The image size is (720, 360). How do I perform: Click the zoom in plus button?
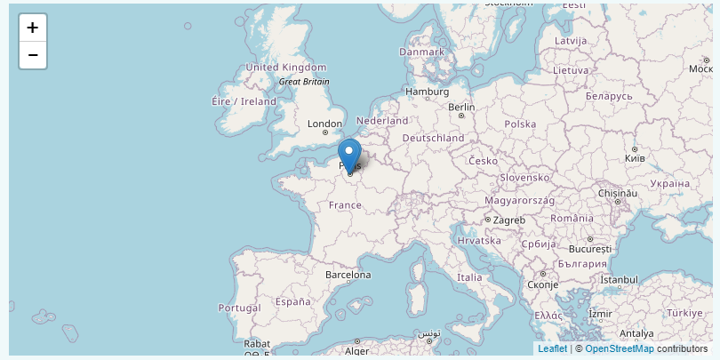click(33, 28)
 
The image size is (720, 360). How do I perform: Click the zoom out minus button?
click(33, 55)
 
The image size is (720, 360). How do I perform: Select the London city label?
click(324, 124)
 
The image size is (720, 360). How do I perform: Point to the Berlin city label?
click(462, 107)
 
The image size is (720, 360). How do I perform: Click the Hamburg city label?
click(427, 92)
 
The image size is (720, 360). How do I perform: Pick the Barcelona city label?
click(348, 275)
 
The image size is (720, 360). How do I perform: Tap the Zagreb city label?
click(509, 220)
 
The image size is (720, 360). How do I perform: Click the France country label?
click(345, 204)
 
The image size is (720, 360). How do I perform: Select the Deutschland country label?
click(433, 139)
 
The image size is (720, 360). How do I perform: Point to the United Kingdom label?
click(286, 68)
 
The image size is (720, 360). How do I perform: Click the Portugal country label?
click(238, 308)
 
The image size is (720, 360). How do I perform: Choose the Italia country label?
click(468, 277)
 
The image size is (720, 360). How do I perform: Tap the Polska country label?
click(520, 124)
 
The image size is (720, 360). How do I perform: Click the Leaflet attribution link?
click(552, 348)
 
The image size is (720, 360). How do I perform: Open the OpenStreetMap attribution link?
click(619, 348)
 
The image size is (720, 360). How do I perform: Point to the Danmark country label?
click(421, 52)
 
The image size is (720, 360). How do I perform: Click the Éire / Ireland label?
click(244, 101)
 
